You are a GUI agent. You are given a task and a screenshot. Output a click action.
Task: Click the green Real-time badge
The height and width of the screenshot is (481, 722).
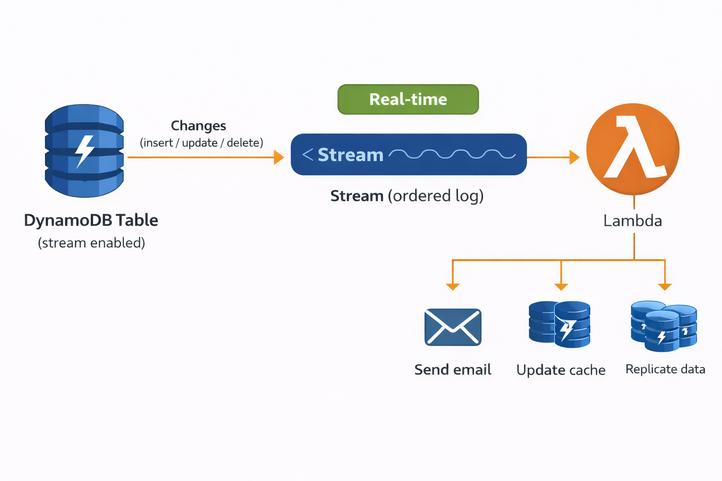tap(408, 99)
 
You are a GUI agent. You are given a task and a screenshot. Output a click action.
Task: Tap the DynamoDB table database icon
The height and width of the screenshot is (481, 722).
tap(84, 150)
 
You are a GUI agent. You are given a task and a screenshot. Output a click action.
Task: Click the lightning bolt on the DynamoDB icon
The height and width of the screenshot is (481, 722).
tap(85, 151)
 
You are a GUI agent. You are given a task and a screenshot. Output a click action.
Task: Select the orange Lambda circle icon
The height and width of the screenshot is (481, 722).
tap(633, 149)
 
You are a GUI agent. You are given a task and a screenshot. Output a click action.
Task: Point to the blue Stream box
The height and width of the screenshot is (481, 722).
tap(408, 155)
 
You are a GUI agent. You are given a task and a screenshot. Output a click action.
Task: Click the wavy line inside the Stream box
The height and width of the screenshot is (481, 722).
tap(452, 155)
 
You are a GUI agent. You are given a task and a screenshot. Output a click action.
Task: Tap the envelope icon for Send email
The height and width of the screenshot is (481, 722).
tap(453, 327)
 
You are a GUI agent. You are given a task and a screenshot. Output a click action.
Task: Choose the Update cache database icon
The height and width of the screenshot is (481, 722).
tap(559, 325)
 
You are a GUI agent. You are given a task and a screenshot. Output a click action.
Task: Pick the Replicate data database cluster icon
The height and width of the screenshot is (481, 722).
tap(664, 326)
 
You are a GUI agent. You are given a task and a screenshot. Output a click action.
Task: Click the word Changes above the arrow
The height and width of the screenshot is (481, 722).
tap(198, 126)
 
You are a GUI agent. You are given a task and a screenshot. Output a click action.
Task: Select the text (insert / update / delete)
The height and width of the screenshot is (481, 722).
tap(201, 143)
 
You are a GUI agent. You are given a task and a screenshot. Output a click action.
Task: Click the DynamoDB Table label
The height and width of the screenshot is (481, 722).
tap(91, 220)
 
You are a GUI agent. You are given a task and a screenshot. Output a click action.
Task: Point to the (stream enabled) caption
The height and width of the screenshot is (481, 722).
tap(91, 243)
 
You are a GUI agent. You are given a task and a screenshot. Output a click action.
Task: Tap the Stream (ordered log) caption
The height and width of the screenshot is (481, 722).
tap(407, 196)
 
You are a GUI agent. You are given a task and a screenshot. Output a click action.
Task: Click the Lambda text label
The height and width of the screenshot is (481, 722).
tap(633, 221)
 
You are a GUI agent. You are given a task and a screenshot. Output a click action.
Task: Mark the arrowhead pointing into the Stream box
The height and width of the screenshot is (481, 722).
tap(279, 157)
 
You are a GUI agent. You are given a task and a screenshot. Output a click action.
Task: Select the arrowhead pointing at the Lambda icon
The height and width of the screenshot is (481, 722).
tap(574, 157)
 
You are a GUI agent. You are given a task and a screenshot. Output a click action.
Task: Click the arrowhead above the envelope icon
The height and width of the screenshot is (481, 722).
tap(453, 287)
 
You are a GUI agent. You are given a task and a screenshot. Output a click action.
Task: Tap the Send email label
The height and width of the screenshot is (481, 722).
tap(453, 370)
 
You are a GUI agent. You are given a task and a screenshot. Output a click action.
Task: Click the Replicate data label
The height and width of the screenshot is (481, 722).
tap(665, 369)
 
